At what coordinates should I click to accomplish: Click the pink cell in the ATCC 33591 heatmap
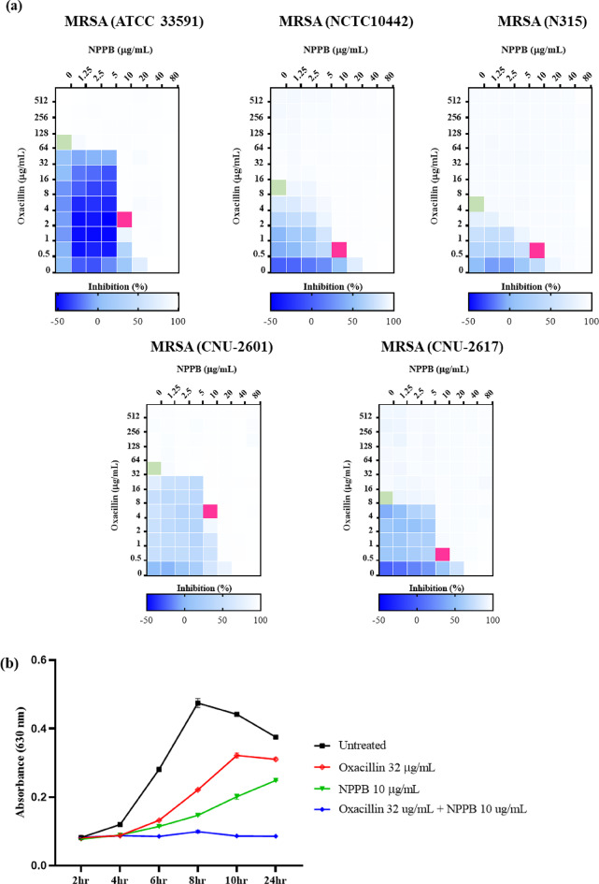click(x=124, y=219)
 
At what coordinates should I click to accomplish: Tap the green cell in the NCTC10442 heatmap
click(x=278, y=187)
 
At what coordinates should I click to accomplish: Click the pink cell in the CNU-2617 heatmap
click(x=442, y=554)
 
